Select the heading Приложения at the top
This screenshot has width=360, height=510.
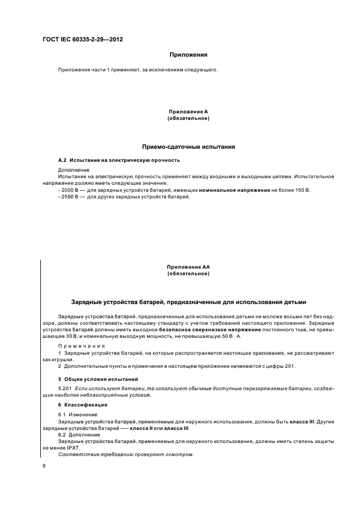click(188, 55)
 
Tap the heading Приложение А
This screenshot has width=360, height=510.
click(188, 112)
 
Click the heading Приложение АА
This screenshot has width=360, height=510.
click(188, 267)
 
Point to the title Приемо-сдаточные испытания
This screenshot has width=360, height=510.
click(188, 147)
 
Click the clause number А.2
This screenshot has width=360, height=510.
click(62, 160)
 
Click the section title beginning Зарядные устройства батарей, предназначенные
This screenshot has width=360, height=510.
click(188, 302)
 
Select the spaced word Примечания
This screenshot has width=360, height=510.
click(81, 346)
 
